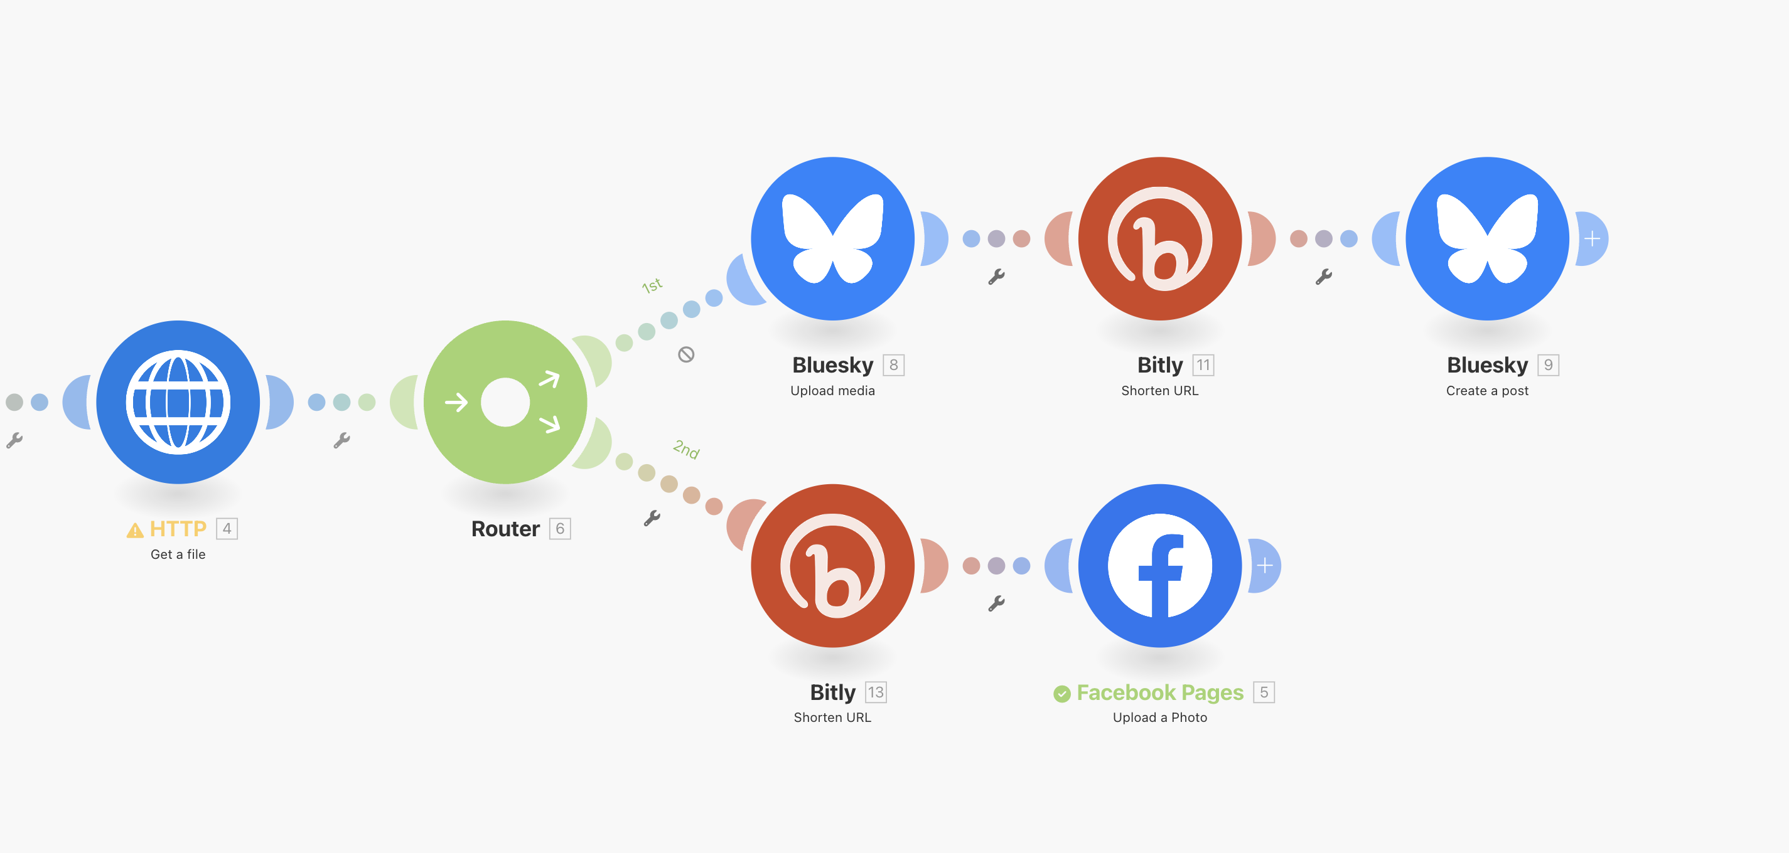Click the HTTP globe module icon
[178, 402]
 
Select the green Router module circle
[505, 402]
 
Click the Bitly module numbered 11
[1159, 238]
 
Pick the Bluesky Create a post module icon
[1487, 238]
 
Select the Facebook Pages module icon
[1159, 565]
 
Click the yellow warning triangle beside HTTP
[135, 530]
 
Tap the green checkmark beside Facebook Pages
[1061, 693]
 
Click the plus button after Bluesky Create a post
[1593, 239]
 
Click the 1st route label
[652, 285]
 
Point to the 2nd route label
[686, 449]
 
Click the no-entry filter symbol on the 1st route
[686, 354]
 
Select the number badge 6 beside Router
[560, 529]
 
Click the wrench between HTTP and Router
[341, 440]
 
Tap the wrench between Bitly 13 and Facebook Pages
[996, 603]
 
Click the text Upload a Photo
[1159, 717]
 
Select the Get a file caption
[178, 554]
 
